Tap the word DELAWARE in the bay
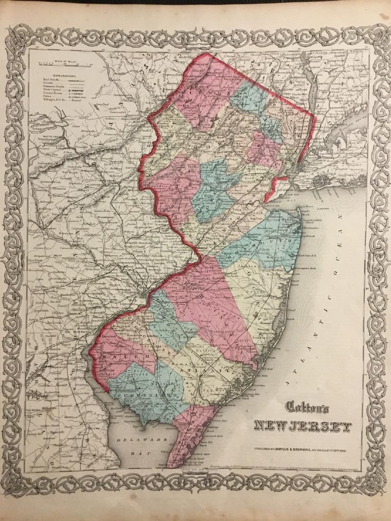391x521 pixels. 127,439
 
